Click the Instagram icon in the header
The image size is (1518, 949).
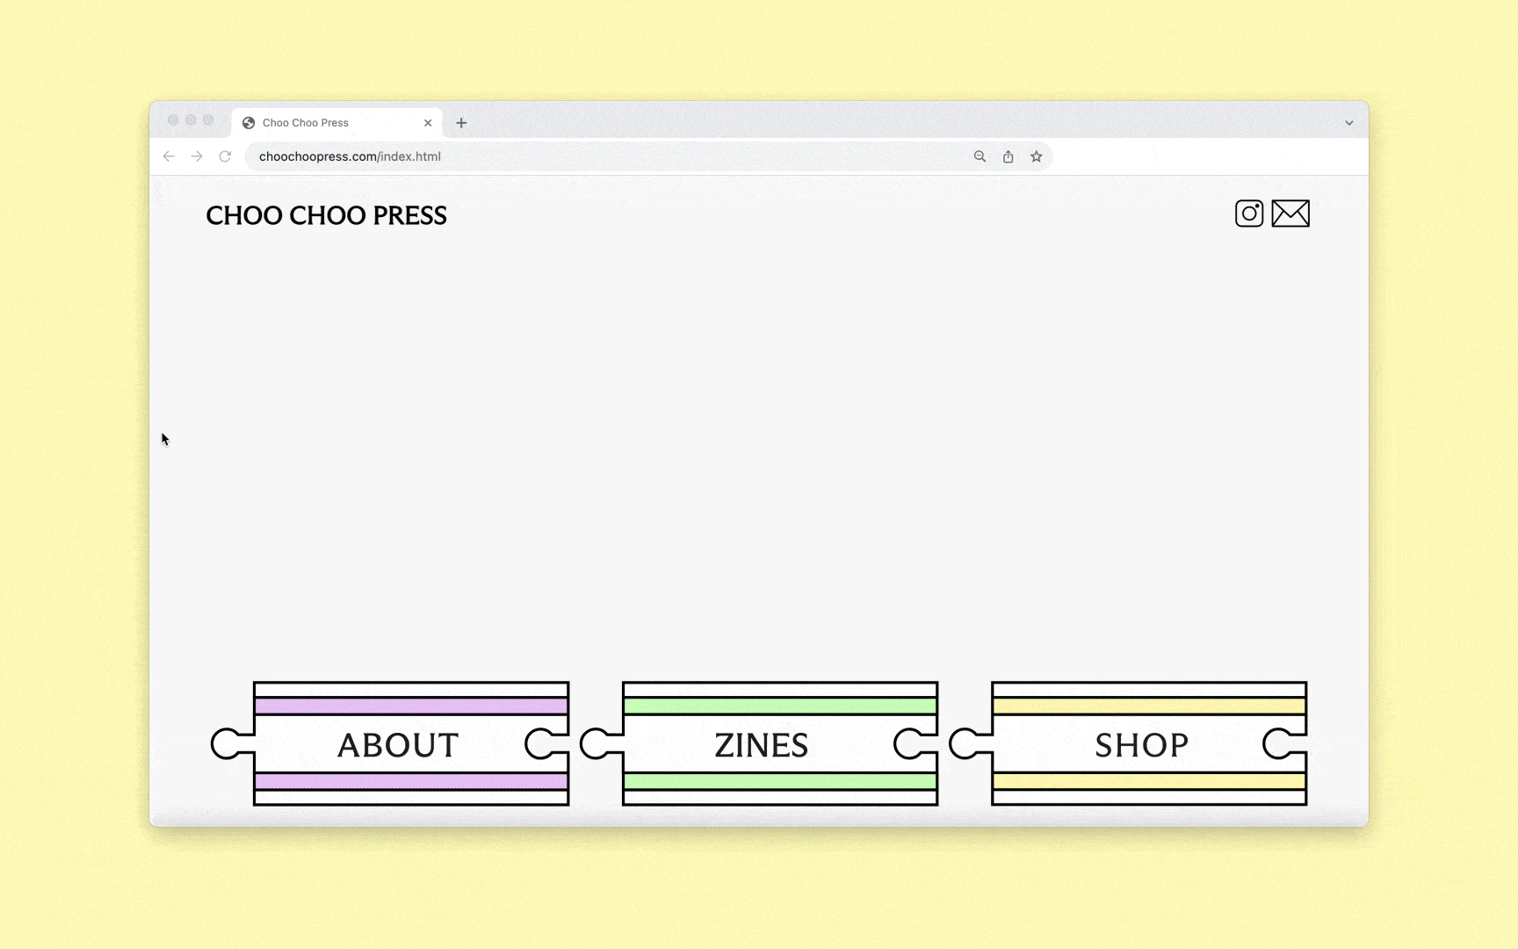(x=1249, y=214)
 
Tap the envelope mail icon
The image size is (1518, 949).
(x=1290, y=214)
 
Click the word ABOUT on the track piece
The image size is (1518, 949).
(x=398, y=745)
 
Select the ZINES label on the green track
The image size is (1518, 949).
(x=762, y=745)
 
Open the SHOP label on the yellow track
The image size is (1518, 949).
(x=1142, y=745)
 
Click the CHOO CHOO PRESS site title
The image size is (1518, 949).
(x=327, y=215)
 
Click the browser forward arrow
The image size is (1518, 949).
(x=197, y=156)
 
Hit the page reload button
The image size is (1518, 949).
(x=225, y=156)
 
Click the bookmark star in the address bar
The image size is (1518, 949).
(x=1037, y=156)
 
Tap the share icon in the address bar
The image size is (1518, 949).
(x=1008, y=156)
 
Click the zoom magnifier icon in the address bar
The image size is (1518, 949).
(x=979, y=156)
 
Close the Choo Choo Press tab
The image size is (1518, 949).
(x=428, y=123)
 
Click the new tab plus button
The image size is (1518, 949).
(x=461, y=123)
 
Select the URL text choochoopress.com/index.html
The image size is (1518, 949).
(x=350, y=156)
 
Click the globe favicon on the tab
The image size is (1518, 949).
(x=249, y=123)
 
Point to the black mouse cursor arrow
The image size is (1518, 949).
(x=164, y=438)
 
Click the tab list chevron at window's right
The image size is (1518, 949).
(x=1349, y=123)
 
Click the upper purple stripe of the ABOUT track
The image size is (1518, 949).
(x=411, y=706)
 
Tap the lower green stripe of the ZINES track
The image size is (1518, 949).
(x=780, y=781)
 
